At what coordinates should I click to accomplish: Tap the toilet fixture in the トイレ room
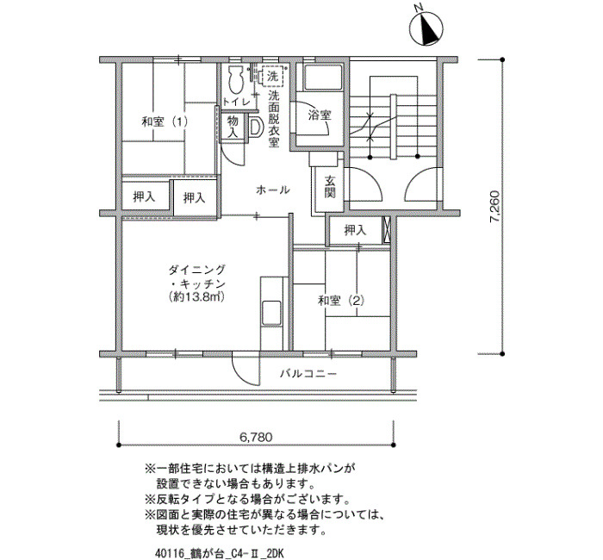(235, 79)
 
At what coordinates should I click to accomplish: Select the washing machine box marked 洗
(273, 76)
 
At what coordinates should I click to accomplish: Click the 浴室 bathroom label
(320, 115)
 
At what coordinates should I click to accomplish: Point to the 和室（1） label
(165, 122)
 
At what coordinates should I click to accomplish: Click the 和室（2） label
(341, 300)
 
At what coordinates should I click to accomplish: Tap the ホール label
(272, 190)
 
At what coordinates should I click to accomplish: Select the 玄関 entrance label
(330, 187)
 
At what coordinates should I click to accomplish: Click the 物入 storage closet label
(233, 127)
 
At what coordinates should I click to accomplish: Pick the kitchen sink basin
(271, 313)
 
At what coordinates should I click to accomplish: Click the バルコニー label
(308, 373)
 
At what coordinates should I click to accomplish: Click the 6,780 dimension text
(256, 437)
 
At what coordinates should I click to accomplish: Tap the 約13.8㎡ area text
(196, 296)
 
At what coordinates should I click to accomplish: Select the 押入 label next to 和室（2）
(355, 230)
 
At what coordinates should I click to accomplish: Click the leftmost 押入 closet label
(144, 197)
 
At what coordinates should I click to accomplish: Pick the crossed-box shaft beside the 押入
(387, 230)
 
